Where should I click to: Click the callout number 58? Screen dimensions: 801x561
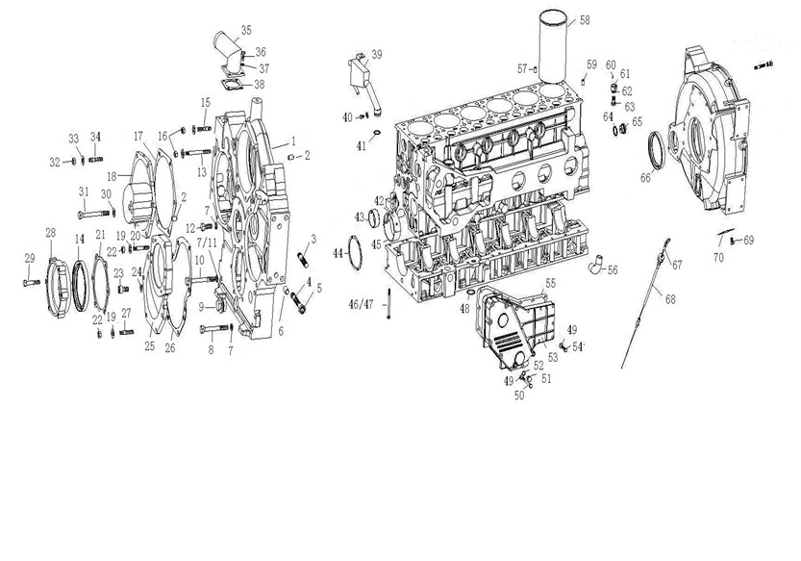585,20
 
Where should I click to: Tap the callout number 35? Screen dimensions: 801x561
246,30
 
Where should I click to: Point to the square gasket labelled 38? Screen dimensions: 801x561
233,84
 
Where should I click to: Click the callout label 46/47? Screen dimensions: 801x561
362,304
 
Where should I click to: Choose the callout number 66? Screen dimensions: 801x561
646,177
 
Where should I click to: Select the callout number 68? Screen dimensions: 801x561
670,298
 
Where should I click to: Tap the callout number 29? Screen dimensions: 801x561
30,259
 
